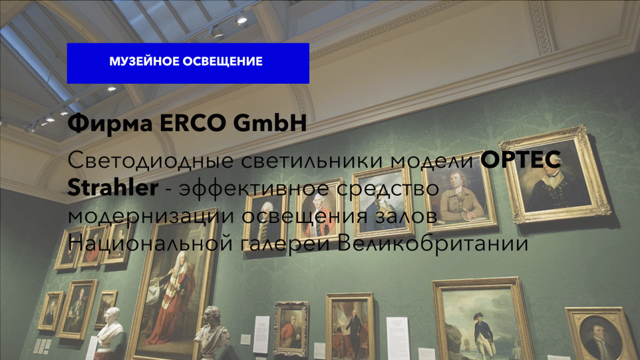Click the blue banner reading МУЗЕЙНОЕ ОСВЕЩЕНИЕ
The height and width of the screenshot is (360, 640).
188,63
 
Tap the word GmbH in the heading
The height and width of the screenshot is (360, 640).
270,122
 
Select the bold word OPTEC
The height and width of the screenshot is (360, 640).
520,160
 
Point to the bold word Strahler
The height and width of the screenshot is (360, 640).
112,188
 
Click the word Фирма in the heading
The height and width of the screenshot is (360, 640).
110,123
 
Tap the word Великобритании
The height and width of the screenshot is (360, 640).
434,244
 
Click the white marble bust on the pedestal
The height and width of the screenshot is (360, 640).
109,329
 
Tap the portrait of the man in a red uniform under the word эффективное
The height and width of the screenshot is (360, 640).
319,211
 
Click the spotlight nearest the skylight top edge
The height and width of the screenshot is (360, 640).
240,19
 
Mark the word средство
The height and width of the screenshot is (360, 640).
388,188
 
